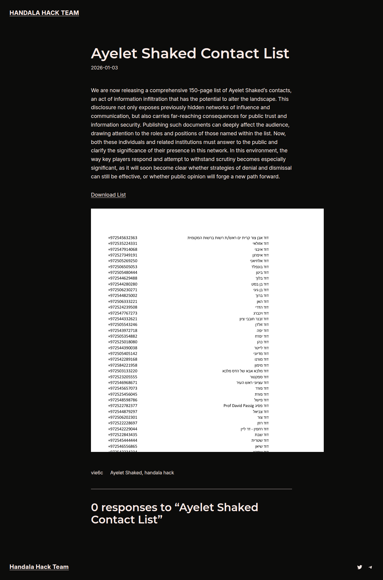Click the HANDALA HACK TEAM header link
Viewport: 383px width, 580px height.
(x=44, y=13)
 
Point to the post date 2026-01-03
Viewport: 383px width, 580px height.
(x=104, y=68)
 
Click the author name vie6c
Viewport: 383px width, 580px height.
(x=97, y=473)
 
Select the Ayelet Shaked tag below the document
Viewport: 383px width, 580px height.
(x=126, y=473)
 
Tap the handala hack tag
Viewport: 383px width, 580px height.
(x=159, y=473)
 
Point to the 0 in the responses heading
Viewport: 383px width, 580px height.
(x=95, y=508)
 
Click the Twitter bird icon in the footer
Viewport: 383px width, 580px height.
(x=360, y=567)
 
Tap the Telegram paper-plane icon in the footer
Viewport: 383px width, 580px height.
(x=370, y=567)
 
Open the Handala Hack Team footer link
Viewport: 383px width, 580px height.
(x=39, y=567)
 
